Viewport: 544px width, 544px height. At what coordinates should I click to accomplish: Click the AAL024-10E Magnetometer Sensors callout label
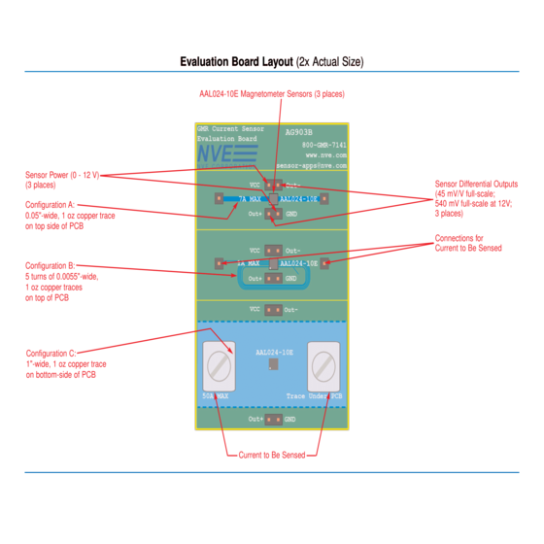tap(271, 94)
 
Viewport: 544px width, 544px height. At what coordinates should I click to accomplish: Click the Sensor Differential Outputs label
tap(476, 198)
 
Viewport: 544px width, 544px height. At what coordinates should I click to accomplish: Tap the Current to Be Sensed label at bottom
tap(271, 454)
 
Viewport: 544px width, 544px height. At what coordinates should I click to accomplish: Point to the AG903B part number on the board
tap(299, 131)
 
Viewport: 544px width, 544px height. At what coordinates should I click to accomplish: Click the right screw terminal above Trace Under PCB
tap(324, 366)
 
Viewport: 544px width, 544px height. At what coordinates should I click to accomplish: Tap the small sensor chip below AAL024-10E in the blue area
tap(272, 363)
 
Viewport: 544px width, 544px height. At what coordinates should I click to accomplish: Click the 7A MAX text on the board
tap(251, 198)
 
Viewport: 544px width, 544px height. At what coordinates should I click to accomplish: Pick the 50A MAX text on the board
tap(215, 396)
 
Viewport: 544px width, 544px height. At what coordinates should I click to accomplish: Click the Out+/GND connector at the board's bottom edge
tap(272, 419)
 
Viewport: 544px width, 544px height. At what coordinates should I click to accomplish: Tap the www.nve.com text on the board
tap(326, 154)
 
